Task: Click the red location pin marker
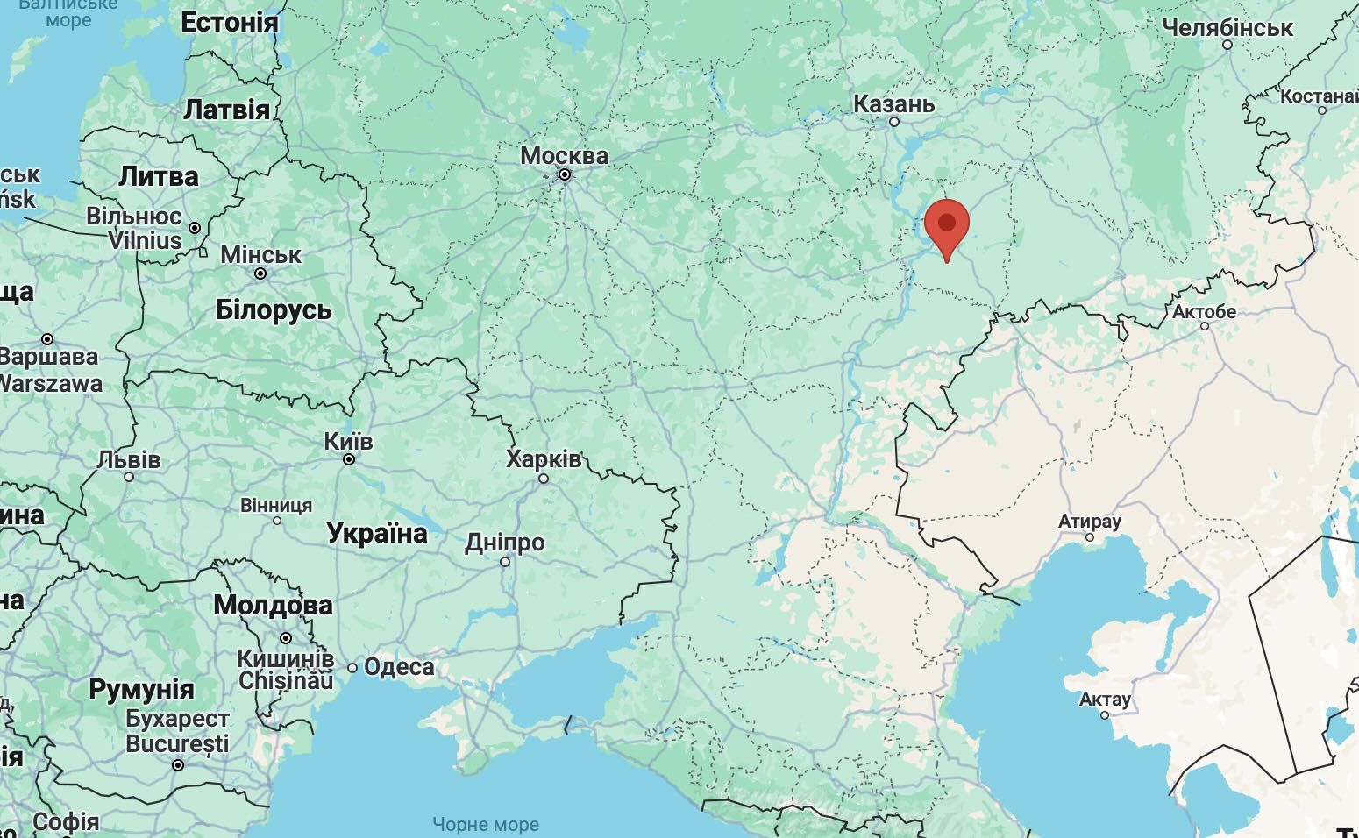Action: tap(947, 223)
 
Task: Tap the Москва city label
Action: tap(564, 156)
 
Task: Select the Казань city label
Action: tap(893, 104)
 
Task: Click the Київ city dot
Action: tap(349, 459)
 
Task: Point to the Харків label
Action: tap(543, 458)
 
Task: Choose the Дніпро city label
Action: tap(504, 543)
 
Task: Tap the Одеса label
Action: tap(398, 667)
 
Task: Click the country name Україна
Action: tap(377, 533)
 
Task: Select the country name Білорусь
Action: tap(274, 309)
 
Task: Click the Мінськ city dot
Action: tap(260, 273)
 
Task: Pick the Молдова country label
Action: tap(273, 605)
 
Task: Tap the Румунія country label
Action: tap(141, 689)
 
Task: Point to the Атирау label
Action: tap(1090, 521)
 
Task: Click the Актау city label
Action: tap(1105, 700)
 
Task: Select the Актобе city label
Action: tap(1204, 311)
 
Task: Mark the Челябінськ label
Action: tap(1227, 28)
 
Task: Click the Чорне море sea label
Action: tap(486, 825)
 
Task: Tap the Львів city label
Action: tap(129, 459)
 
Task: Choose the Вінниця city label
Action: tap(276, 506)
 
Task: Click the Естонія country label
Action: tap(229, 23)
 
